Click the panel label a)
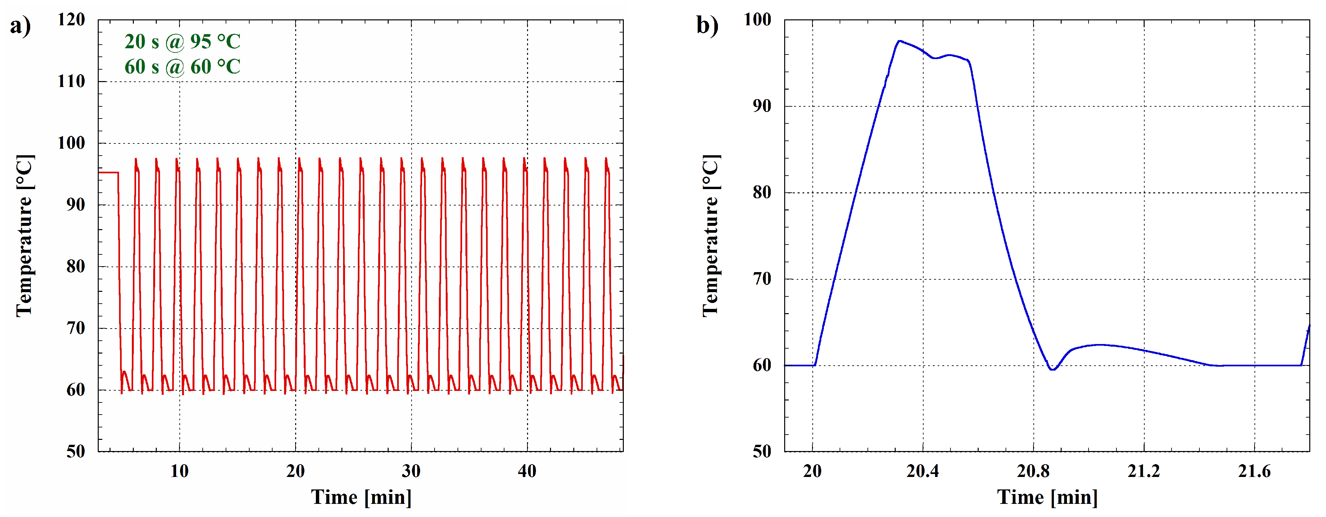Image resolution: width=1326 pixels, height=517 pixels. point(21,26)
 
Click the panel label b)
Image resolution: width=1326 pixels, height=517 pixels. point(707,26)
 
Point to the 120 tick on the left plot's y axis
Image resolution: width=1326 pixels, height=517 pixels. point(71,20)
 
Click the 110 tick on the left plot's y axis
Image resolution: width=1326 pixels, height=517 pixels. point(71,81)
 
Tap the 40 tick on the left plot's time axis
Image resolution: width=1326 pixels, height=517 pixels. point(527,471)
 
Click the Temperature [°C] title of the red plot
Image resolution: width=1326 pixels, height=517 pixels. point(25,236)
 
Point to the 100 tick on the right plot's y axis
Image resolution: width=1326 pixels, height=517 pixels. point(758,20)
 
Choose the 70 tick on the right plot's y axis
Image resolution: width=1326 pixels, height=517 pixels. point(762,279)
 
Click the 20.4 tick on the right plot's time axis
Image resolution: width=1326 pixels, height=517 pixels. point(923,471)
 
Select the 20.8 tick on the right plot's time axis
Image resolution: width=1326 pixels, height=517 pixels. point(1033,471)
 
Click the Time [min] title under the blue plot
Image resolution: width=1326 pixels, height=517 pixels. point(1048,497)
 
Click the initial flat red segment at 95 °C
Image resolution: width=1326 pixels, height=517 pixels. point(108,173)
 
